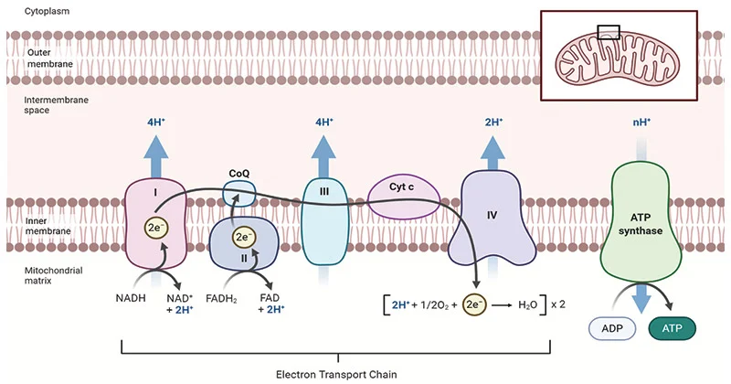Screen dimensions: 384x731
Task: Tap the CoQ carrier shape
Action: tap(239, 193)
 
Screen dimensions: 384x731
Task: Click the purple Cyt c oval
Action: tap(405, 197)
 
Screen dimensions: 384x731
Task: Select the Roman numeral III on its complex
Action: tap(323, 192)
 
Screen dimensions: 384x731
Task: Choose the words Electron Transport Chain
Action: tap(335, 373)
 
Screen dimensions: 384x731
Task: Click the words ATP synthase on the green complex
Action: tap(643, 224)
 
